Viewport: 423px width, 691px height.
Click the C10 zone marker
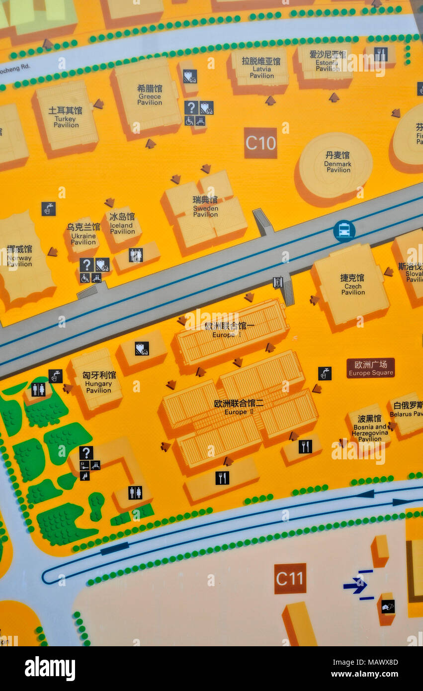click(x=260, y=143)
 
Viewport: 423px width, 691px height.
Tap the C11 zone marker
click(x=290, y=579)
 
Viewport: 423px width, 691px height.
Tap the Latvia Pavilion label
click(x=261, y=68)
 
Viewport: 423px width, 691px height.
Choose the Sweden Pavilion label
click(x=205, y=206)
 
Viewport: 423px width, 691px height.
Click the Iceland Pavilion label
click(x=122, y=224)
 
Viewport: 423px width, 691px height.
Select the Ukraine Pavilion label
click(x=83, y=234)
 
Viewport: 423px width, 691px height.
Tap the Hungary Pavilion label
click(x=99, y=382)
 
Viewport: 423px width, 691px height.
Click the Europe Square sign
click(x=370, y=368)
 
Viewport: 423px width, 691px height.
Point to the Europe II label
click(x=239, y=407)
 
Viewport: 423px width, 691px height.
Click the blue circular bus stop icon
click(x=344, y=231)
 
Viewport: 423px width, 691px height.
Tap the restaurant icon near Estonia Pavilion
click(x=381, y=54)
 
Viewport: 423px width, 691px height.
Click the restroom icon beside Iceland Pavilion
click(x=136, y=255)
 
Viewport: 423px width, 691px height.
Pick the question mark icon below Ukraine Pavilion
click(x=86, y=264)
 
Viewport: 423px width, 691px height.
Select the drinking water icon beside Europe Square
click(x=325, y=373)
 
